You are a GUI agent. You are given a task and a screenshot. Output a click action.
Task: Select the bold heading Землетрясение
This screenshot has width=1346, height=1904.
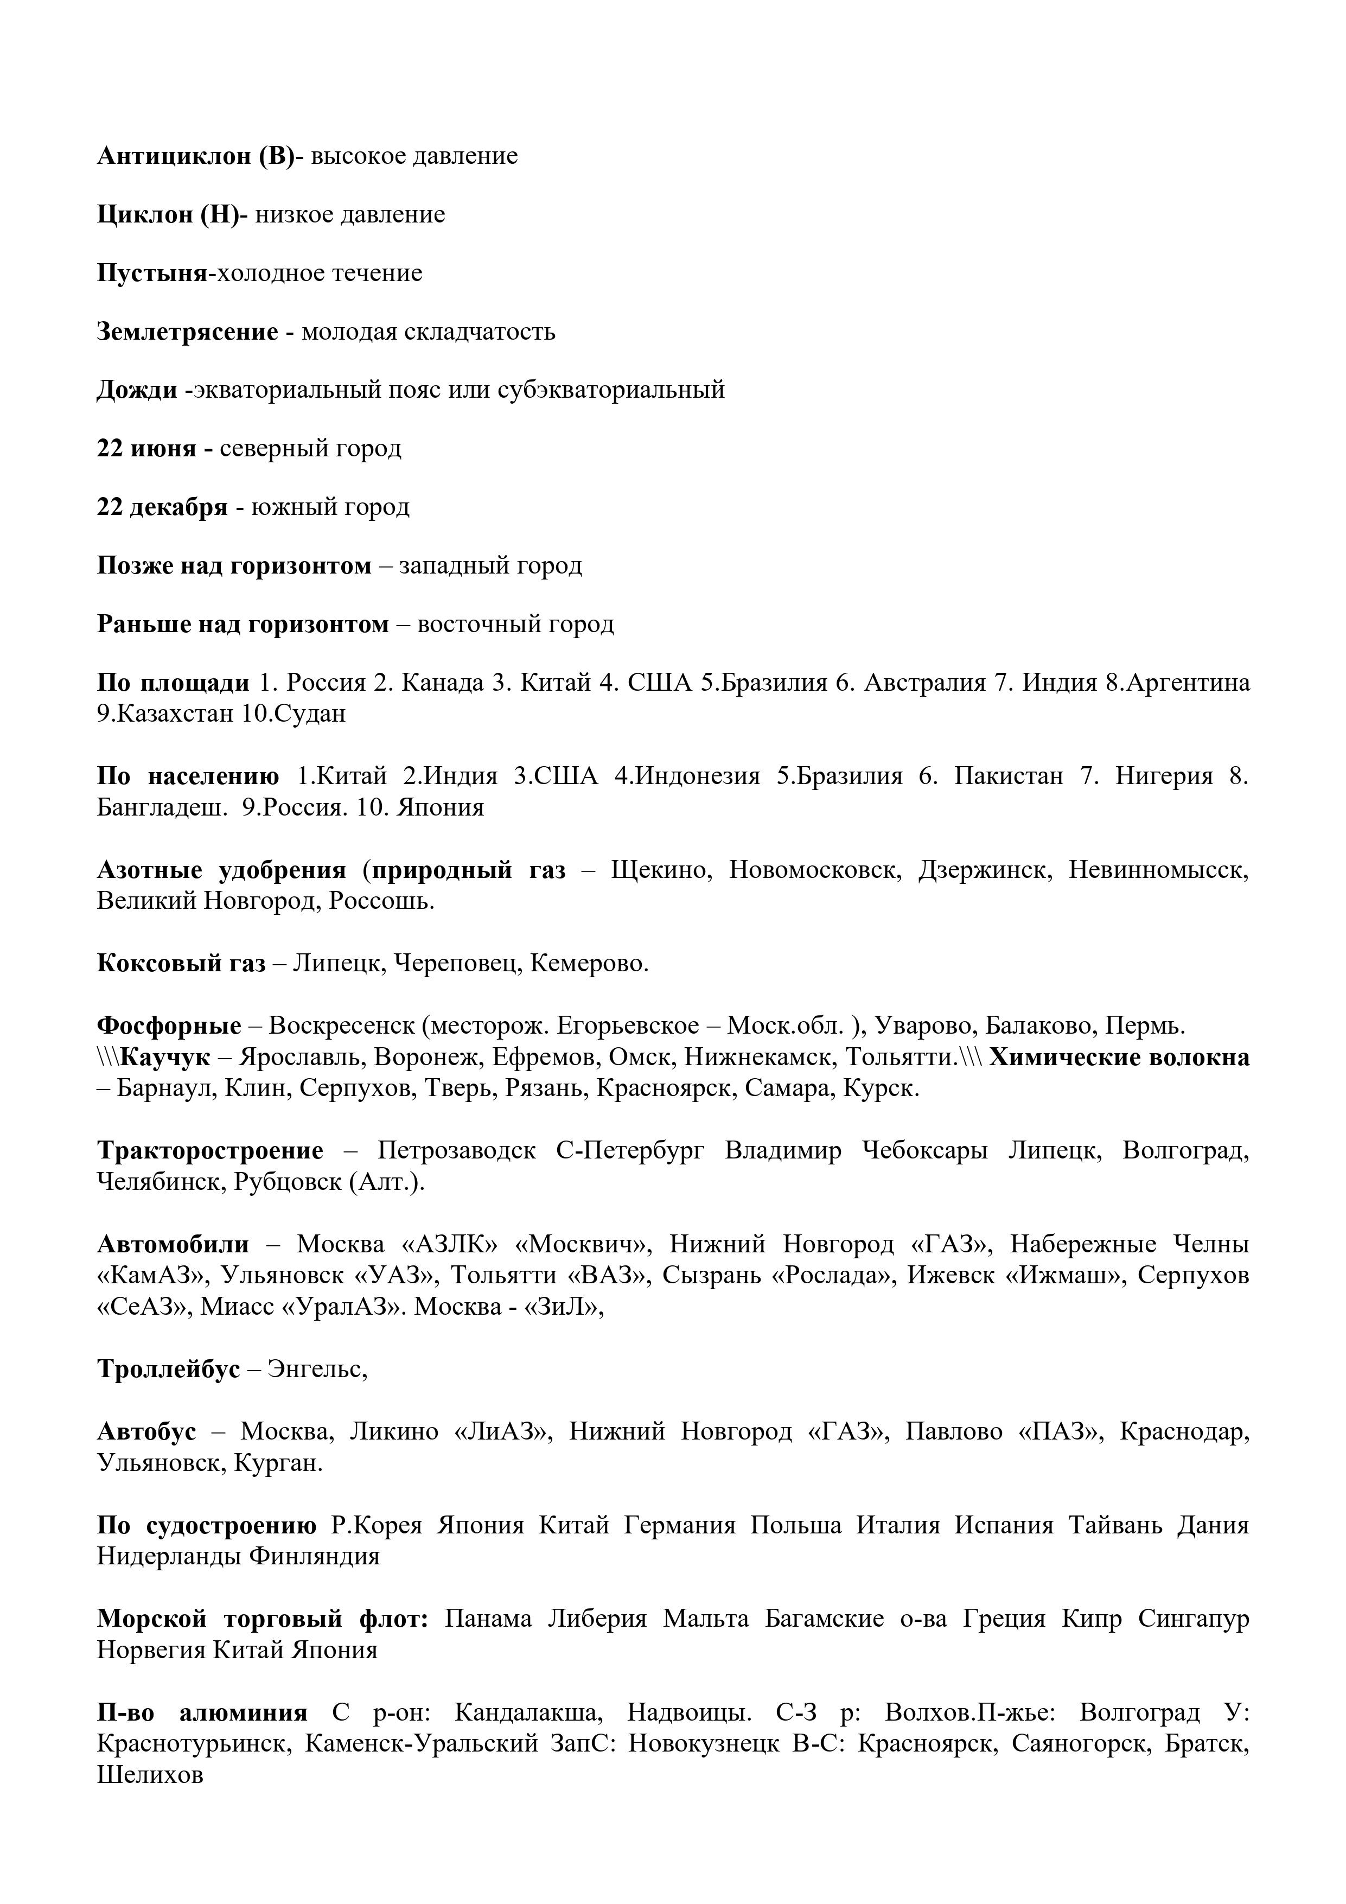coord(187,332)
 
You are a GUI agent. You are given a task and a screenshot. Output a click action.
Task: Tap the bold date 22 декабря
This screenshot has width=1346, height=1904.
coord(162,507)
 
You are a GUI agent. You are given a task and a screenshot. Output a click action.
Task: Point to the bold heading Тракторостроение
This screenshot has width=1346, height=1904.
coord(210,1151)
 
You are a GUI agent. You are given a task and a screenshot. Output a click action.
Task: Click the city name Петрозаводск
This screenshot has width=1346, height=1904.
coord(456,1151)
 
